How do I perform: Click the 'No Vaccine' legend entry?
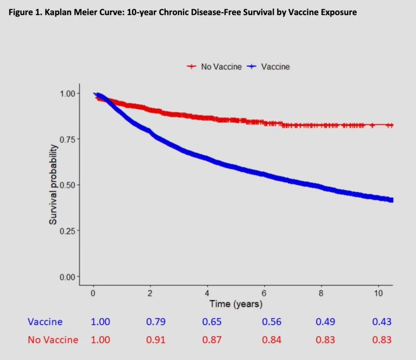pyautogui.click(x=221, y=67)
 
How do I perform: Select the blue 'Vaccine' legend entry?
pyautogui.click(x=275, y=67)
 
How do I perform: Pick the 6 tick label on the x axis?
pyautogui.click(x=264, y=293)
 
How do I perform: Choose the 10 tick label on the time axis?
pyautogui.click(x=378, y=293)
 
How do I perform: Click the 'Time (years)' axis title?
pyautogui.click(x=236, y=304)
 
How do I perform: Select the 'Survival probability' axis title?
pyautogui.click(x=53, y=185)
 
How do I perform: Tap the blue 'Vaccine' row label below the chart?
pyautogui.click(x=45, y=322)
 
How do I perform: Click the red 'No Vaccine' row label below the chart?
pyautogui.click(x=53, y=340)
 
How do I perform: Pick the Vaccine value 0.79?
pyautogui.click(x=156, y=322)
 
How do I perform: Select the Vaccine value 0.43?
pyautogui.click(x=382, y=322)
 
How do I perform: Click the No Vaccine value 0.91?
pyautogui.click(x=156, y=340)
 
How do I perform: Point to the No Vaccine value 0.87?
pyautogui.click(x=212, y=340)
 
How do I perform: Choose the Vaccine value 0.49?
pyautogui.click(x=325, y=322)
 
